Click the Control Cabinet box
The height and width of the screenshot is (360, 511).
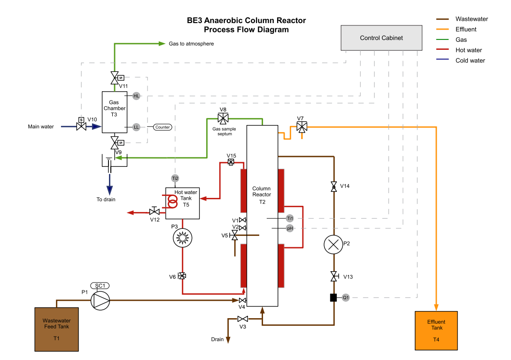pyautogui.click(x=381, y=38)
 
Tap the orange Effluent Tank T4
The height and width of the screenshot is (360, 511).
pyautogui.click(x=436, y=331)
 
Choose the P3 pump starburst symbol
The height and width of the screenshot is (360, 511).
pyautogui.click(x=182, y=239)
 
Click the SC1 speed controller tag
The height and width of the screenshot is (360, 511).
pyautogui.click(x=100, y=286)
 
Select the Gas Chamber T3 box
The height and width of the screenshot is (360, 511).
pyautogui.click(x=114, y=112)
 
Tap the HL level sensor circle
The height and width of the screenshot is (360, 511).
pyautogui.click(x=136, y=96)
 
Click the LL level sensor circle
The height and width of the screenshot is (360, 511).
pyautogui.click(x=136, y=127)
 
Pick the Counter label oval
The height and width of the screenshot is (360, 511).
pyautogui.click(x=163, y=127)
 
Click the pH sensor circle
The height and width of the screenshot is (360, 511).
pyautogui.click(x=290, y=228)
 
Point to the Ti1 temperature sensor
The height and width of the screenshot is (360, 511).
pyautogui.click(x=290, y=218)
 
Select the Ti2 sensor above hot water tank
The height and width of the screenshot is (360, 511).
pyautogui.click(x=175, y=178)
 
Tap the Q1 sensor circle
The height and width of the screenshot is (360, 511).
pyautogui.click(x=346, y=297)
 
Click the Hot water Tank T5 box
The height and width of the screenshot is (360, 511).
pyautogui.click(x=183, y=203)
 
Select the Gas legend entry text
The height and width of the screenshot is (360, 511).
pyautogui.click(x=461, y=40)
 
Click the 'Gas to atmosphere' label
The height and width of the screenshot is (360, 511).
pyautogui.click(x=191, y=44)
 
